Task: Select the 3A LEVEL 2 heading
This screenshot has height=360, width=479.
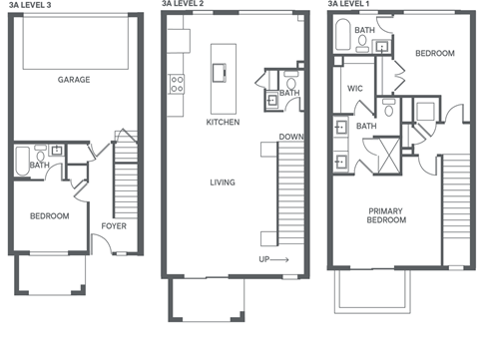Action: [186, 6]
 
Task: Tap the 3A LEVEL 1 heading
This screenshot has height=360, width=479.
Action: [351, 6]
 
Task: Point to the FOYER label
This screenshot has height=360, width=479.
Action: [113, 226]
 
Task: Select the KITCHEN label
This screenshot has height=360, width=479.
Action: [222, 122]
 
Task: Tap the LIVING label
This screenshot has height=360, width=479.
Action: [222, 182]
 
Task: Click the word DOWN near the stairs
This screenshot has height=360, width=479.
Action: [290, 137]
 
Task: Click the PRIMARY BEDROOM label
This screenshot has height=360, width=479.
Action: [386, 215]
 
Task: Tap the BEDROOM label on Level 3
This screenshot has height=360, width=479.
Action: [48, 215]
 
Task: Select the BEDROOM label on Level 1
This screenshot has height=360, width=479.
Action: [435, 54]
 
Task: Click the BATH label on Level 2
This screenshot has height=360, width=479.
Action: [288, 94]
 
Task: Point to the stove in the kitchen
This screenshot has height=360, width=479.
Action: [177, 84]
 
